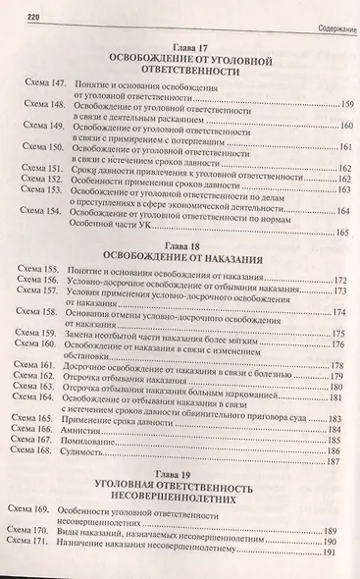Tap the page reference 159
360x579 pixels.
click(333, 104)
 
